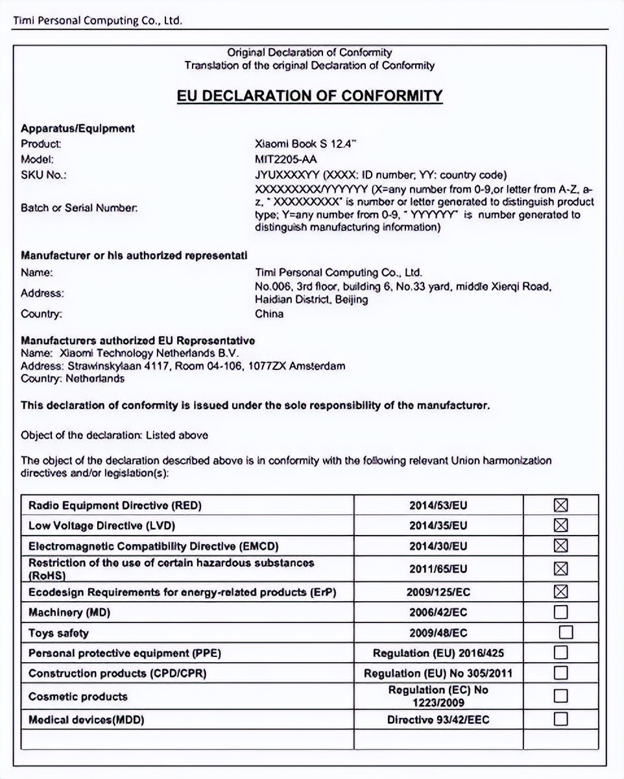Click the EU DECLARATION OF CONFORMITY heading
coord(309,96)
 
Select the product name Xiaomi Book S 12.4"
coord(306,144)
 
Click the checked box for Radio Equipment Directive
coord(561,506)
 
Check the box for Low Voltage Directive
coord(561,525)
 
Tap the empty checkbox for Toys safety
coord(566,632)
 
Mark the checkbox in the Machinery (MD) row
coord(561,612)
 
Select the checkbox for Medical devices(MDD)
coord(561,719)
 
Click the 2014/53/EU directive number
coord(438,506)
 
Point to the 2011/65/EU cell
coord(438,569)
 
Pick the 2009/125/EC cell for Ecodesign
coord(438,592)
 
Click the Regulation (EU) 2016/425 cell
coord(438,653)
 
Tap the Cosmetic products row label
coord(78,697)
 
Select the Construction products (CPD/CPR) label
coord(117,673)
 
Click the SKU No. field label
coord(43,175)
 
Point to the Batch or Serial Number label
coord(79,208)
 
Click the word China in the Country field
coord(269,314)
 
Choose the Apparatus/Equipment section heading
coord(78,129)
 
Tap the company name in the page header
coord(97,21)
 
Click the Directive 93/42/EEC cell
coord(438,720)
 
